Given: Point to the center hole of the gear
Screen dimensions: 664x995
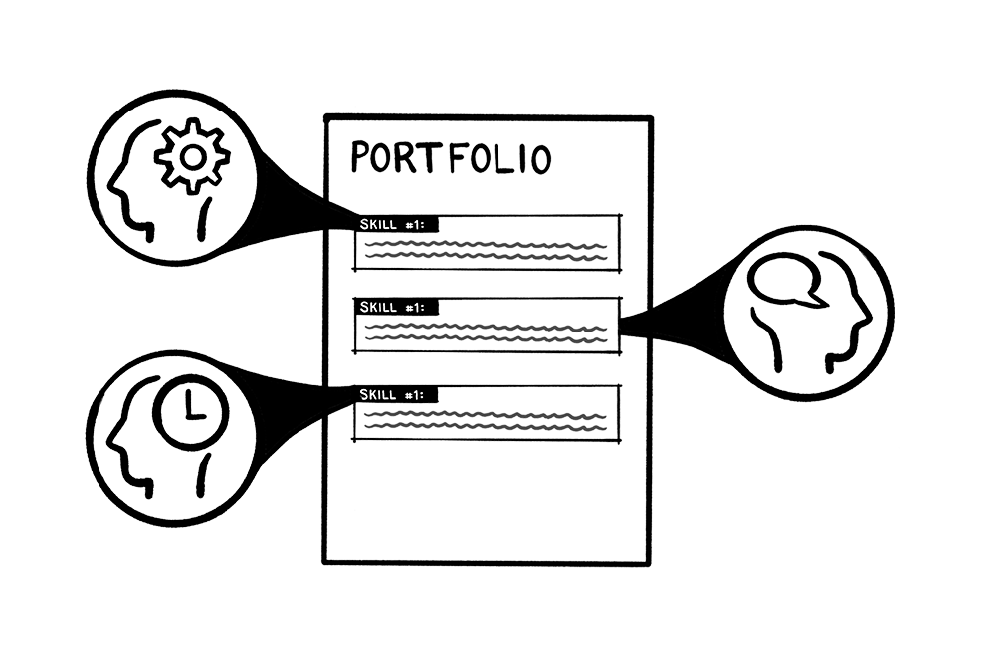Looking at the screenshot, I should (x=192, y=155).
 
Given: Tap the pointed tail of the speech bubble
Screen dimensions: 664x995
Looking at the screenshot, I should (x=815, y=298).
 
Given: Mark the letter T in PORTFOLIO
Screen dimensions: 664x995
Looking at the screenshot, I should (x=431, y=158).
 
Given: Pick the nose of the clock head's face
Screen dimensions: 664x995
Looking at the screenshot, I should (x=108, y=439).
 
